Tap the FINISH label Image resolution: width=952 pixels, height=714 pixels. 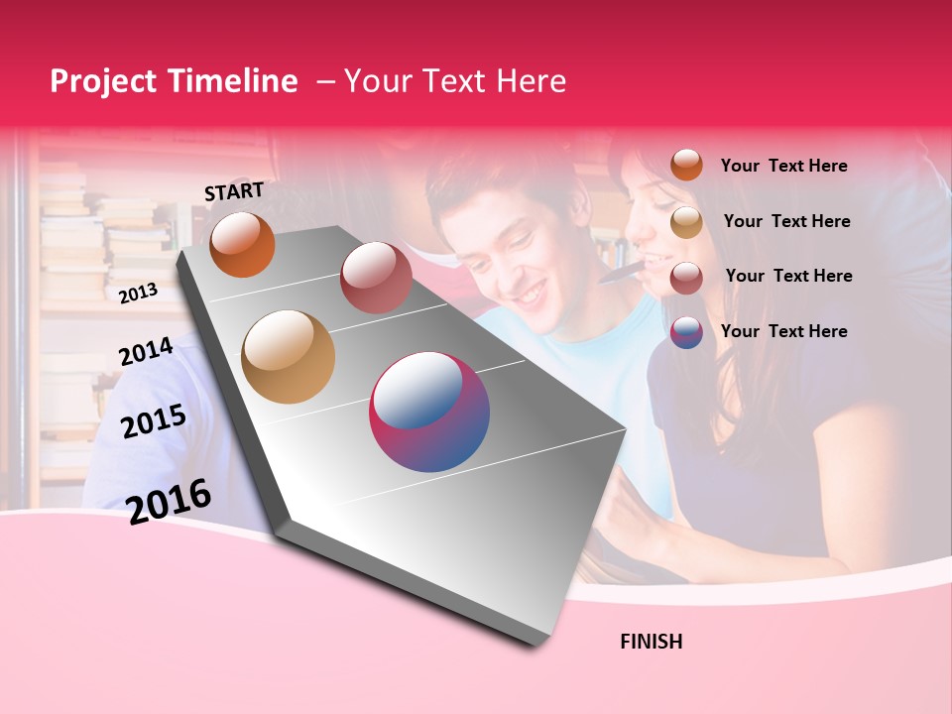click(x=651, y=642)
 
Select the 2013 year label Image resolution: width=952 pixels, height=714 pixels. click(x=138, y=293)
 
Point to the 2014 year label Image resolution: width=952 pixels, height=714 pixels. click(x=146, y=352)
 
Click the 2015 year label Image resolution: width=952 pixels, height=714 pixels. click(x=153, y=421)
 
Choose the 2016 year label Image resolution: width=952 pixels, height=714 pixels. click(x=169, y=501)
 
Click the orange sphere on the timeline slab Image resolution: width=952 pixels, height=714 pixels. click(x=242, y=244)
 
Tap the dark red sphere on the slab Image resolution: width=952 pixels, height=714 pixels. click(x=376, y=277)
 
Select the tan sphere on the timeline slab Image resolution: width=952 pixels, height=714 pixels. click(x=288, y=356)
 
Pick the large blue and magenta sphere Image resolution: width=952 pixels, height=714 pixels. click(x=429, y=412)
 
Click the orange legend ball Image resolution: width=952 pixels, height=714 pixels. click(x=686, y=165)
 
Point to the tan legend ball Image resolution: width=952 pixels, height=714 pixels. click(x=686, y=222)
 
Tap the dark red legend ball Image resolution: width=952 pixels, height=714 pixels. click(x=686, y=278)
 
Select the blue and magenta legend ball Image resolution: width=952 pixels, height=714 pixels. click(x=686, y=332)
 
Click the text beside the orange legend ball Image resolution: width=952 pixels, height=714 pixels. click(x=783, y=166)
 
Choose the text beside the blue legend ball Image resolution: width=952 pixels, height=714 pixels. click(x=783, y=331)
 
